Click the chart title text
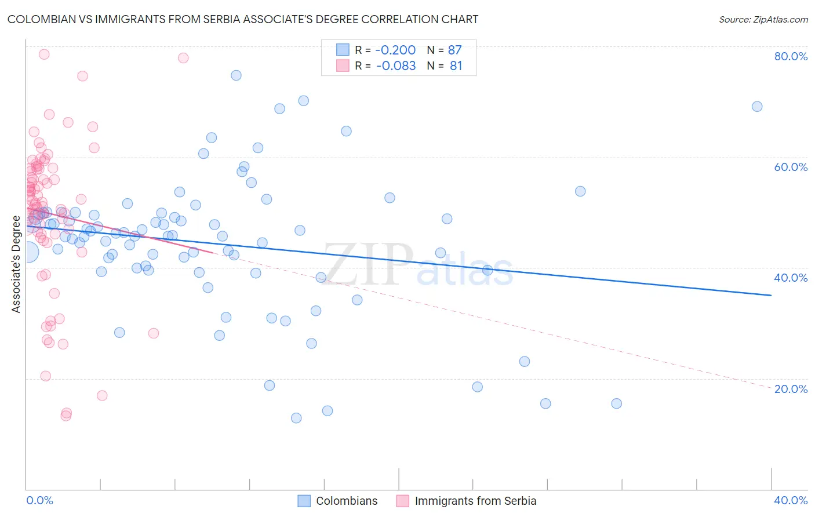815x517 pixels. [x=243, y=19]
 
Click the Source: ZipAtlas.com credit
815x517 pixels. [x=763, y=20]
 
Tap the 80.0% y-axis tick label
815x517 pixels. [x=790, y=56]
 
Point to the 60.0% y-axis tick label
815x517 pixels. [x=790, y=167]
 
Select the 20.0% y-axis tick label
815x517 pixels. [x=790, y=388]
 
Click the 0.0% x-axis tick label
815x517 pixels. [x=39, y=500]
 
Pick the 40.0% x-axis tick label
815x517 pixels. [x=790, y=500]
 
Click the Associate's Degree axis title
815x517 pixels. [x=16, y=264]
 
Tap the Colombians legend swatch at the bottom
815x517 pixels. [x=304, y=501]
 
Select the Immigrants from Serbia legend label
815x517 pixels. [x=475, y=501]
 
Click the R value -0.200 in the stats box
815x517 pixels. [x=395, y=50]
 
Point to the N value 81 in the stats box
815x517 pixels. [x=456, y=66]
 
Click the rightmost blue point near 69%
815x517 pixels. [x=756, y=107]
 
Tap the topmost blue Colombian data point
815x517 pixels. [x=236, y=75]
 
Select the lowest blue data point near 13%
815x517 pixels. [x=296, y=418]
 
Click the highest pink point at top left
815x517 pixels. [x=44, y=54]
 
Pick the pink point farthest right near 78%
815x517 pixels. [x=183, y=58]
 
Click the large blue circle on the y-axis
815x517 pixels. [x=27, y=252]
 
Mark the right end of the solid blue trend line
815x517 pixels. [x=770, y=296]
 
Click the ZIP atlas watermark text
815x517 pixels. [x=417, y=264]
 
